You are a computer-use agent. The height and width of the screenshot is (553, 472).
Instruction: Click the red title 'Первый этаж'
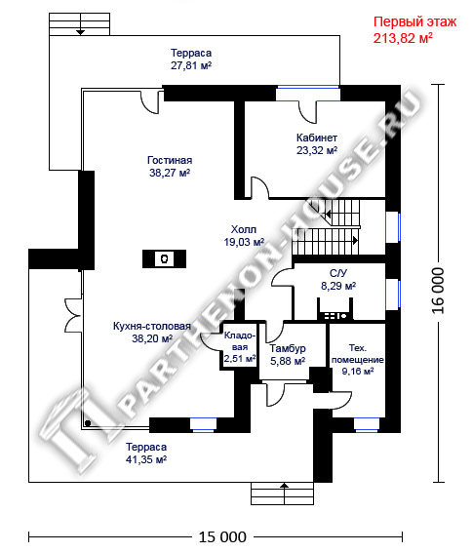pyautogui.click(x=414, y=21)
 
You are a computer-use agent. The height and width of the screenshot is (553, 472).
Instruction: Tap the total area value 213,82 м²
pyautogui.click(x=403, y=38)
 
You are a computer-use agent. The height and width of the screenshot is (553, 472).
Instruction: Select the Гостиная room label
pyautogui.click(x=170, y=160)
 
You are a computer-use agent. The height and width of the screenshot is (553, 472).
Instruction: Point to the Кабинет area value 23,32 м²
pyautogui.click(x=317, y=150)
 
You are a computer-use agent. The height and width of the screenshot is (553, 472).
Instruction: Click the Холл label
pyautogui.click(x=244, y=229)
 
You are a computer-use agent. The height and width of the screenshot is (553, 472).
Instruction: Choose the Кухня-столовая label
pyautogui.click(x=152, y=326)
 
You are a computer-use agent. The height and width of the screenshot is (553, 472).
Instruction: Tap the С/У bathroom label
pyautogui.click(x=338, y=273)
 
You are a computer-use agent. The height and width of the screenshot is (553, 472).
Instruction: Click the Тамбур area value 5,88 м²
pyautogui.click(x=288, y=361)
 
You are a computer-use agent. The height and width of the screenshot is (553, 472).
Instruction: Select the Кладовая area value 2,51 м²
pyautogui.click(x=240, y=359)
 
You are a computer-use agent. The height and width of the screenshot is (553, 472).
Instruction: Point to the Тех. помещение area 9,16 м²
pyautogui.click(x=358, y=372)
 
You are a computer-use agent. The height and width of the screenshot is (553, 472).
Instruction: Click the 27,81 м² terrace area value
pyautogui.click(x=191, y=65)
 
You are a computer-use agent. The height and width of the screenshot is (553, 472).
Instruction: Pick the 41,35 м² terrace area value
pyautogui.click(x=146, y=459)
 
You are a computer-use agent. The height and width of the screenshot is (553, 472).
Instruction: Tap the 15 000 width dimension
pyautogui.click(x=222, y=537)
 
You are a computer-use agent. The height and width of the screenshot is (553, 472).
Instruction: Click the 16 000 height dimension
pyautogui.click(x=438, y=291)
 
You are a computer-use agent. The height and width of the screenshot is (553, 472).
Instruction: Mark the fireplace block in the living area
pyautogui.click(x=164, y=258)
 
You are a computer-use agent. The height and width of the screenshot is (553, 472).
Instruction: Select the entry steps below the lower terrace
pyautogui.click(x=282, y=494)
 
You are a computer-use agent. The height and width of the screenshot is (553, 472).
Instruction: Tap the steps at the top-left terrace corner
pyautogui.click(x=79, y=24)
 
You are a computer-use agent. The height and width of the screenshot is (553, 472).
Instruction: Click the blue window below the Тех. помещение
pyautogui.click(x=366, y=425)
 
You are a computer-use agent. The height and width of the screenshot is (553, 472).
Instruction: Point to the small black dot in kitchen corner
pyautogui.click(x=88, y=423)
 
